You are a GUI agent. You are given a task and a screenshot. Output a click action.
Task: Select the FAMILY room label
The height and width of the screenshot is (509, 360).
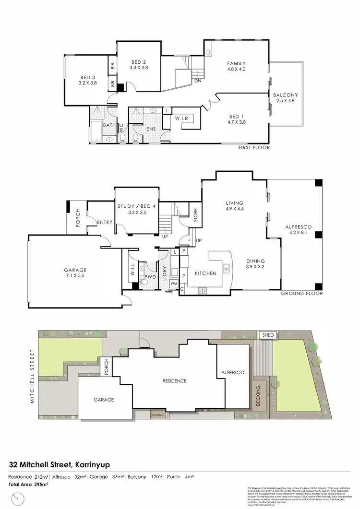[236, 63]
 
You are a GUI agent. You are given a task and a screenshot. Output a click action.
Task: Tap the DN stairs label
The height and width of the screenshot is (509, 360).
[197, 81]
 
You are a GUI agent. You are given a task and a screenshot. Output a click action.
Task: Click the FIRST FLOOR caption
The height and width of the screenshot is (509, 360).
[254, 148]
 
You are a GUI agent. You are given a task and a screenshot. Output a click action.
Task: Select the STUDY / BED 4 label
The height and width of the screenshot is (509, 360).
[136, 206]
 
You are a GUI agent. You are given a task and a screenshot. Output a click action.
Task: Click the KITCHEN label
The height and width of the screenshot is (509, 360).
[205, 273]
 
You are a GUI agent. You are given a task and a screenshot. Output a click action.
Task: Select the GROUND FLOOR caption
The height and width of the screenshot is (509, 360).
[301, 294]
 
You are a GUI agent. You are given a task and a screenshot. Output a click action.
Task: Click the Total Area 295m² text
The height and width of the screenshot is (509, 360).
[28, 485]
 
